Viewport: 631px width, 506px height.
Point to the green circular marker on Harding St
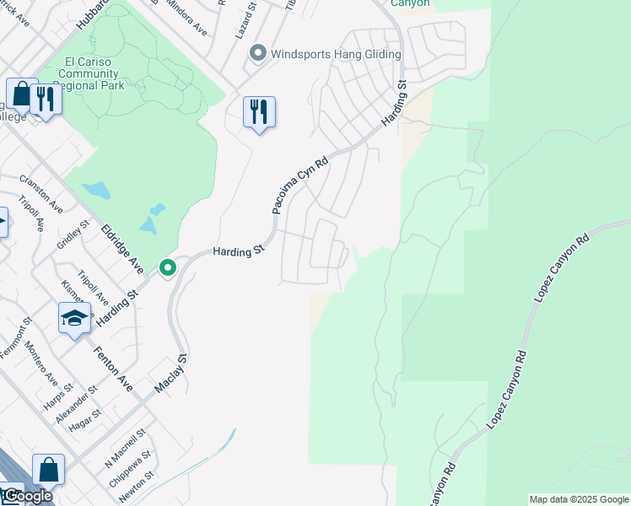(x=168, y=268)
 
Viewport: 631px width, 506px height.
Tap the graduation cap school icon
(x=74, y=319)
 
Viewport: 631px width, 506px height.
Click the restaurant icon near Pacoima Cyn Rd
(x=259, y=112)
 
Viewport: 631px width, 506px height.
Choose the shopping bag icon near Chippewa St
(x=48, y=471)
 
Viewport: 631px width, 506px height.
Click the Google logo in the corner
(x=28, y=496)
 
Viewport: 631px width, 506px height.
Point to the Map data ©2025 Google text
(x=579, y=499)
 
